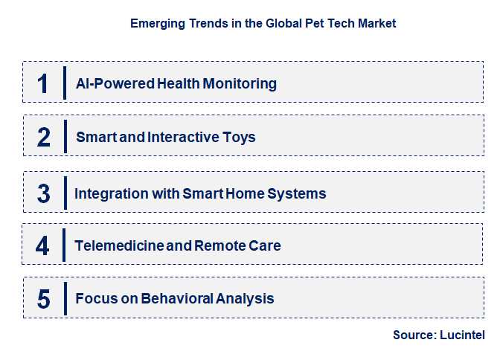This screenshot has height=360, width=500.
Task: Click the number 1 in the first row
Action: click(x=43, y=83)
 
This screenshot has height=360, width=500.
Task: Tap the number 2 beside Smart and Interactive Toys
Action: click(x=43, y=137)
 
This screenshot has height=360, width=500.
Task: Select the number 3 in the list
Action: click(x=43, y=193)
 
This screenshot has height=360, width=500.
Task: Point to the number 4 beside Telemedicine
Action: click(x=42, y=245)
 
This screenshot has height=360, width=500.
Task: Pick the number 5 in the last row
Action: click(x=43, y=299)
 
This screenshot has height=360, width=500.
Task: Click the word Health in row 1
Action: click(x=179, y=83)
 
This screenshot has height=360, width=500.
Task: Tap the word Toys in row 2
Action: click(x=240, y=137)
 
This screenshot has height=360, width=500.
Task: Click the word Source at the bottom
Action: click(x=414, y=335)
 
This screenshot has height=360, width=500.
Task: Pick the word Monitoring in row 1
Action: click(x=240, y=83)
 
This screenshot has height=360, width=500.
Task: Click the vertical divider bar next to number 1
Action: click(x=65, y=83)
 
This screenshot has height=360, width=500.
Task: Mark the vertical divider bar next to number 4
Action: click(x=65, y=245)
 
